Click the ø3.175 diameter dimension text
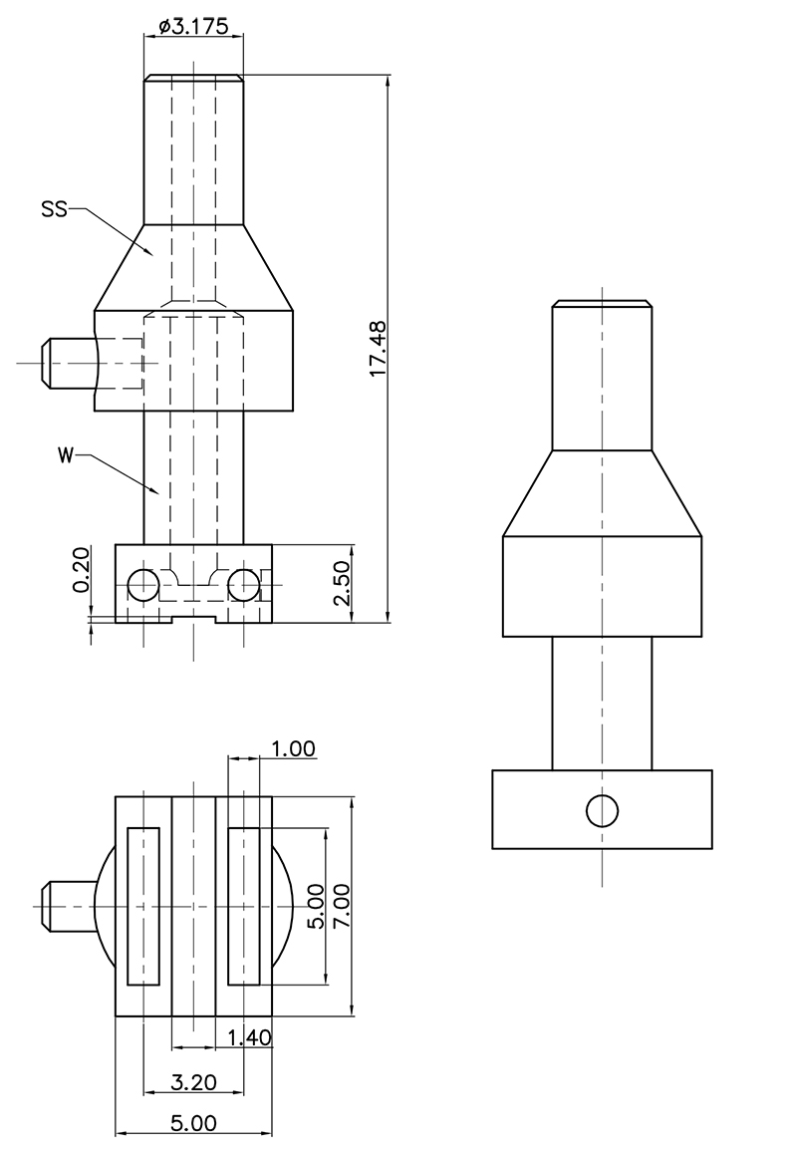(x=193, y=26)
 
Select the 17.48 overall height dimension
(x=378, y=348)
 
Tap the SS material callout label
(x=54, y=210)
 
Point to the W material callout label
(x=66, y=455)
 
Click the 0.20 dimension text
(x=81, y=569)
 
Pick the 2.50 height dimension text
(x=343, y=583)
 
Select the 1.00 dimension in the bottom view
(x=293, y=749)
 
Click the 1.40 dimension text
(x=249, y=1037)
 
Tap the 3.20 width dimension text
(x=193, y=1081)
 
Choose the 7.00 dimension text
(x=342, y=906)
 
